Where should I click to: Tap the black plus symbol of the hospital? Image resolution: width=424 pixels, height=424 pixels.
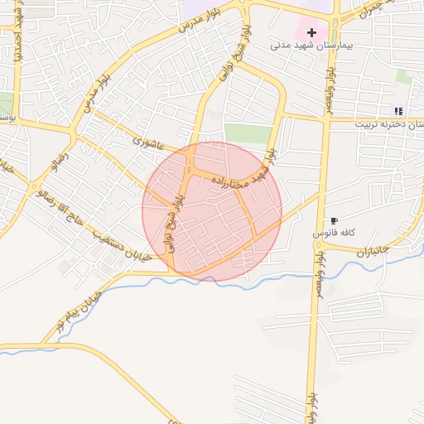311,32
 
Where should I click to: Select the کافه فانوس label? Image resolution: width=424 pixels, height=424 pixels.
334,234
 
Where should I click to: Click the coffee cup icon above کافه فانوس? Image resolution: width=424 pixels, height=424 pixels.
334,220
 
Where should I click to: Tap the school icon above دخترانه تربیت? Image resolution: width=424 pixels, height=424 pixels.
398,110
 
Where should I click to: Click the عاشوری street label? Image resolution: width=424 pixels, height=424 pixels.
150,142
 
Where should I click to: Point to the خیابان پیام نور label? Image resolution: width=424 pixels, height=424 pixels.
78,311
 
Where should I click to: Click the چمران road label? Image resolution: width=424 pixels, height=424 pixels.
373,9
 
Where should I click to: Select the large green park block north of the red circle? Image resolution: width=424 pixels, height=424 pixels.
246,132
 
